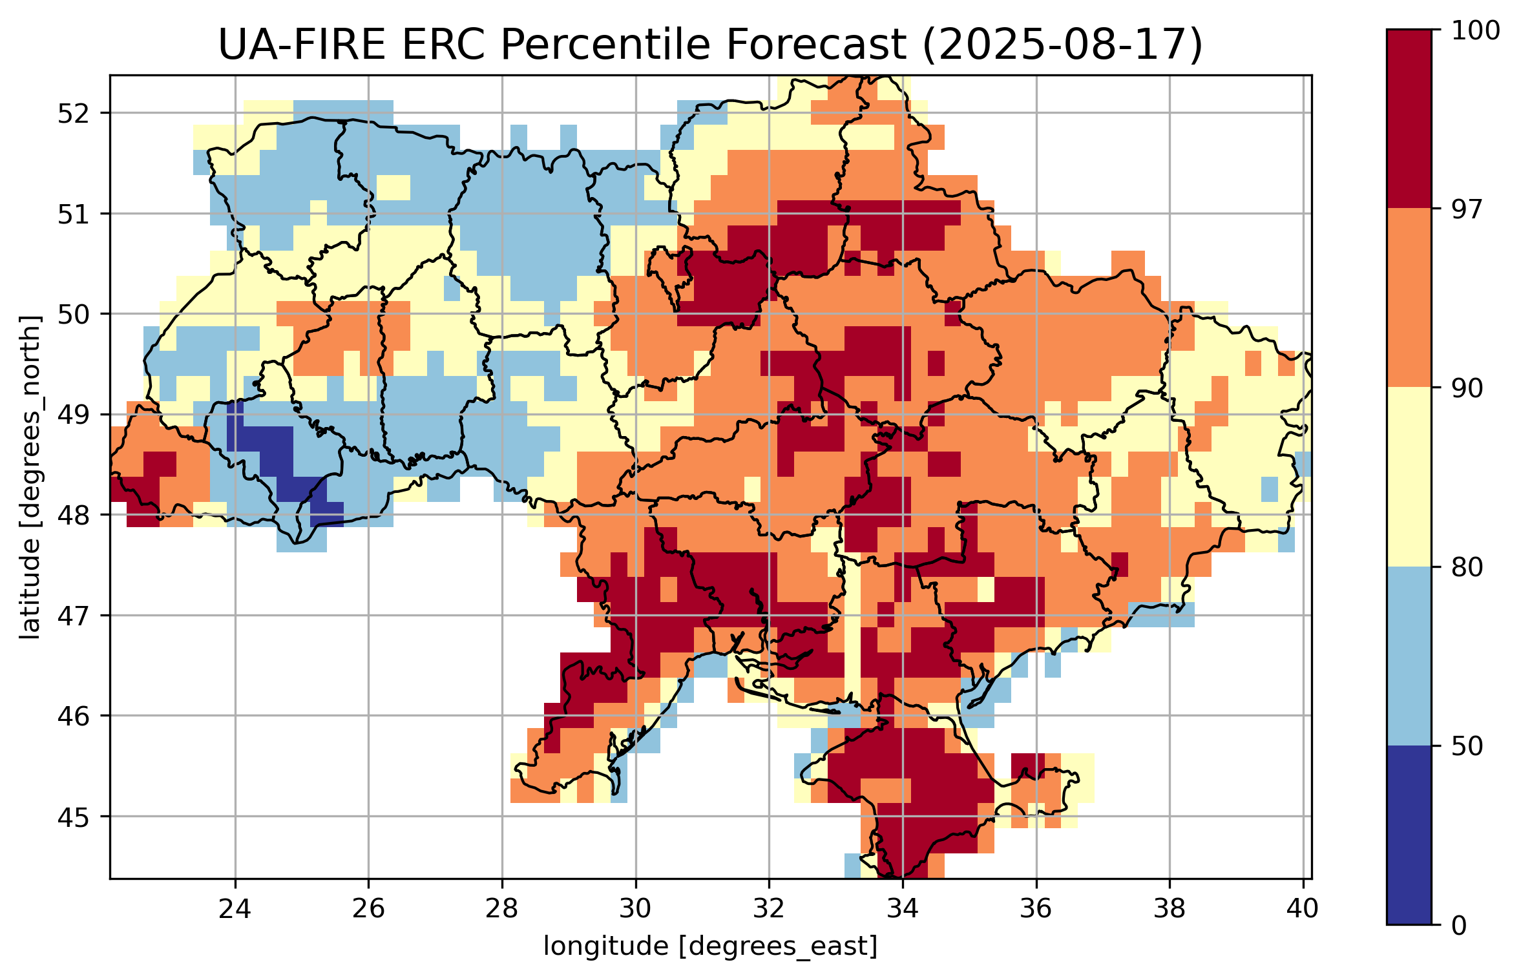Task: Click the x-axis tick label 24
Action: pyautogui.click(x=235, y=909)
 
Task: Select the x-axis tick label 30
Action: pyautogui.click(x=635, y=909)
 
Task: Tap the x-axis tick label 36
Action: pyautogui.click(x=1036, y=909)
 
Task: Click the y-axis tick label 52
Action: pyautogui.click(x=72, y=114)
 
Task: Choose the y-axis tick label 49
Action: pyautogui.click(x=72, y=415)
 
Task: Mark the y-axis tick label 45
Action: pyautogui.click(x=72, y=817)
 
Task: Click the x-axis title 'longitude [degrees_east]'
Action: pyautogui.click(x=710, y=946)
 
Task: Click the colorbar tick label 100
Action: pyautogui.click(x=1475, y=30)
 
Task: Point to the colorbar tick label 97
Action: pyautogui.click(x=1467, y=209)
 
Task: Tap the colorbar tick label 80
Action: pyautogui.click(x=1467, y=567)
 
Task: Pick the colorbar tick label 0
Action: pyautogui.click(x=1460, y=926)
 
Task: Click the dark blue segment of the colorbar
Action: pyautogui.click(x=1409, y=835)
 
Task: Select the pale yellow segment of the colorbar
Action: pyautogui.click(x=1409, y=477)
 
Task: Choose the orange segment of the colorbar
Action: pyautogui.click(x=1409, y=297)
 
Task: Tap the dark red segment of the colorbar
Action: pyautogui.click(x=1409, y=118)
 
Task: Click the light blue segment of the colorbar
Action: pyautogui.click(x=1409, y=656)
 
